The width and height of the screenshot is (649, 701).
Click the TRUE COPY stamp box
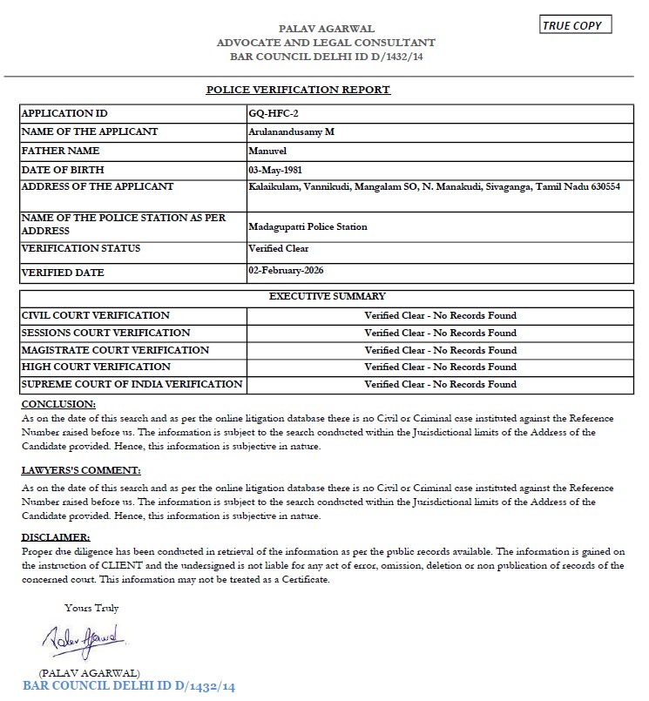pyautogui.click(x=576, y=25)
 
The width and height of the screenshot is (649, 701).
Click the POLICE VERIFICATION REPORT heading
pyautogui.click(x=298, y=90)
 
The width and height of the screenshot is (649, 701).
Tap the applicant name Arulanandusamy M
pyautogui.click(x=291, y=131)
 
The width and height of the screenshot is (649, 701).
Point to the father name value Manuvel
pyautogui.click(x=267, y=150)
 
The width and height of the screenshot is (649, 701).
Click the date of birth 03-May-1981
pyautogui.click(x=275, y=169)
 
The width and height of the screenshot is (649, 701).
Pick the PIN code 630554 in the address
pyautogui.click(x=603, y=186)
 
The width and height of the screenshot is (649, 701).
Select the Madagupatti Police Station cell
pyautogui.click(x=308, y=226)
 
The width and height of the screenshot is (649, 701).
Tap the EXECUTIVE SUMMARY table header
pyautogui.click(x=327, y=297)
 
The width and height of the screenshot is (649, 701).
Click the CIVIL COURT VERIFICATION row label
pyautogui.click(x=95, y=315)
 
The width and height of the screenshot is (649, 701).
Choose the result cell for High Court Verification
pyautogui.click(x=440, y=367)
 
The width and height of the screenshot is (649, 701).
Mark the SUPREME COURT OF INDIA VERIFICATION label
pyautogui.click(x=132, y=384)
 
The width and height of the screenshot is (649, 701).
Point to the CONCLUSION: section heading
pyautogui.click(x=58, y=404)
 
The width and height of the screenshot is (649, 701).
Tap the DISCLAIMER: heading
pyautogui.click(x=55, y=536)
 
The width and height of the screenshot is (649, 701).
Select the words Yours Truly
pyautogui.click(x=91, y=608)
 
